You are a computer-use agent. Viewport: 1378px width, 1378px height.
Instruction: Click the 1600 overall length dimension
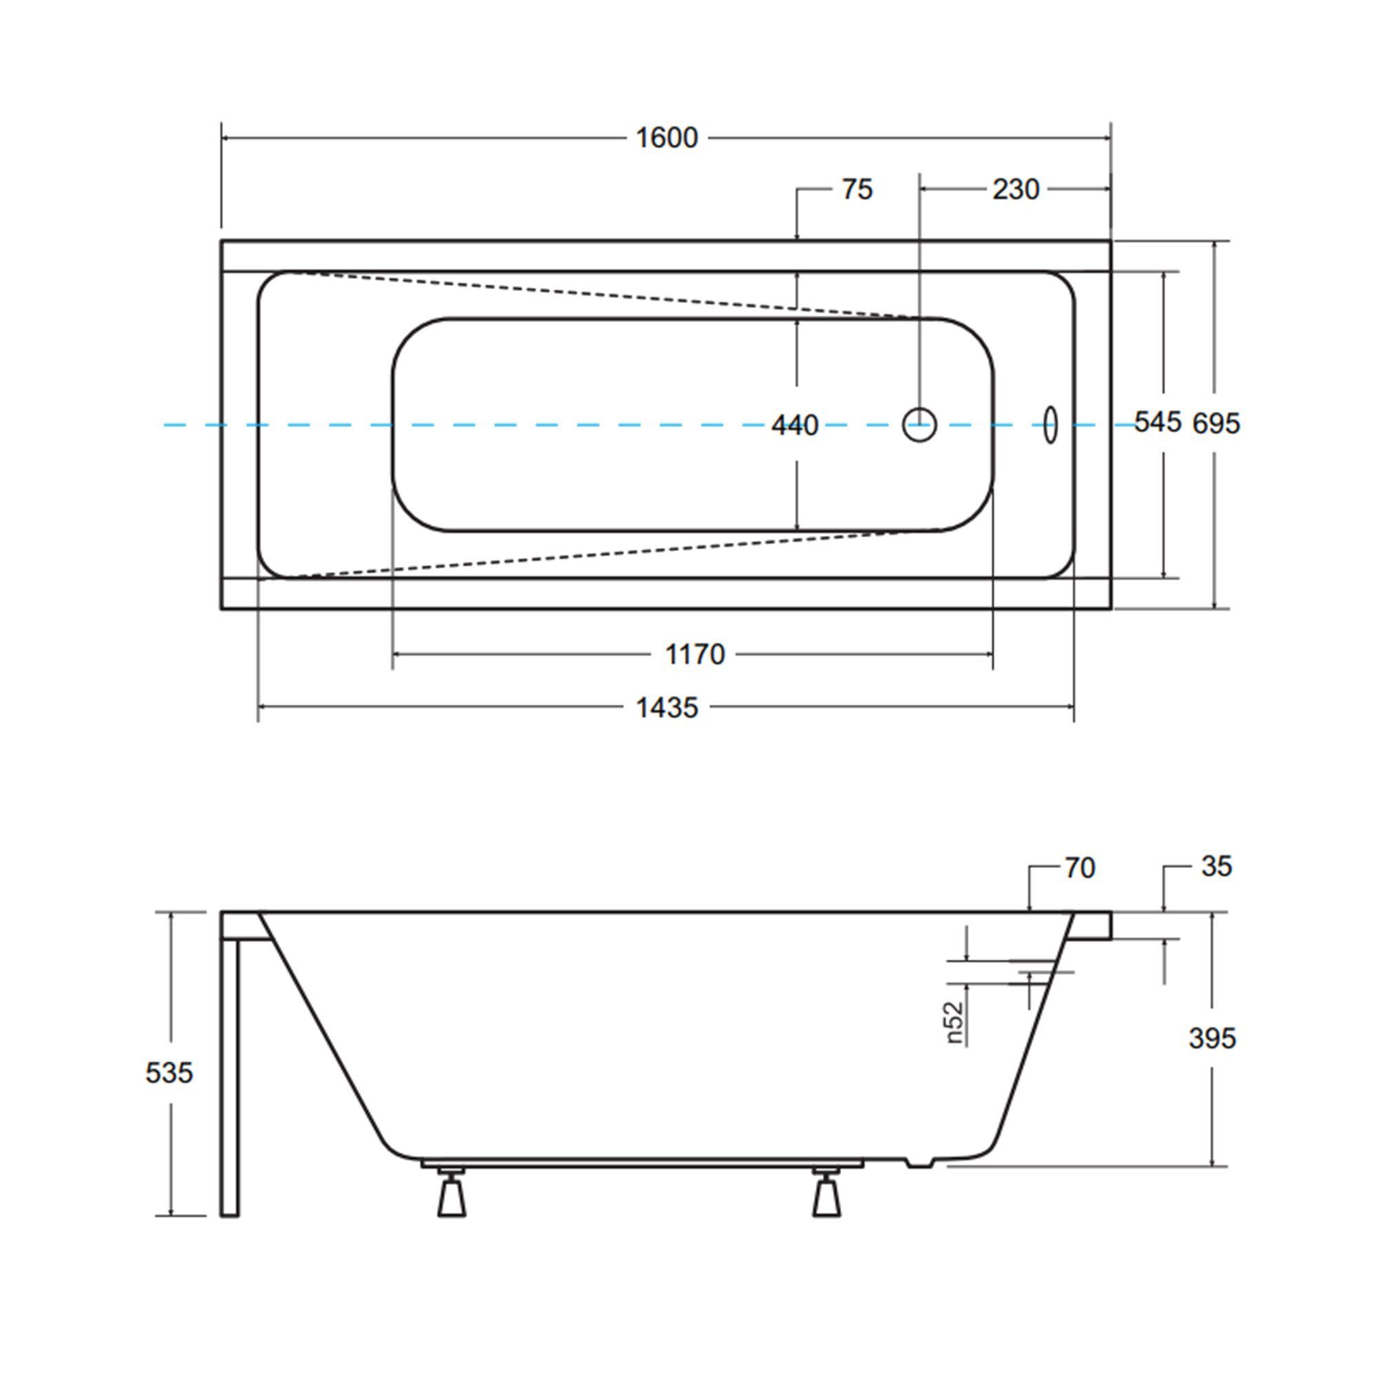tap(666, 138)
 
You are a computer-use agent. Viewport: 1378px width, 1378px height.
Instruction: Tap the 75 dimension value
tap(856, 189)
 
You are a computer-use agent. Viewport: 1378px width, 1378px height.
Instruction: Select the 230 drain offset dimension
tap(1016, 189)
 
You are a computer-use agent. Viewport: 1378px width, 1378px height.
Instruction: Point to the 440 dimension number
tap(794, 426)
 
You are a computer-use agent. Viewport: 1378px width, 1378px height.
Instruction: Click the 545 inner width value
tap(1158, 422)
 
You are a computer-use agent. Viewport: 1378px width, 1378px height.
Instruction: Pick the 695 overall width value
tap(1217, 424)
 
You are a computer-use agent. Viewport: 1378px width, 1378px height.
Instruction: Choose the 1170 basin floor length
tap(695, 654)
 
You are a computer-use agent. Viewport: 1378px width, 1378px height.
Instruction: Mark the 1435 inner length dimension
tap(667, 708)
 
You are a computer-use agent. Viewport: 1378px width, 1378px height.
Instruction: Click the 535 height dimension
tap(169, 1073)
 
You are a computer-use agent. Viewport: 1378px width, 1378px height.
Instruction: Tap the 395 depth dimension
tap(1213, 1038)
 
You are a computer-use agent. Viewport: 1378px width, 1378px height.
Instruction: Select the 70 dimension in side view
tap(1080, 868)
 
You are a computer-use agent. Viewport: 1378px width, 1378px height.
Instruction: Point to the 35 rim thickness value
tap(1216, 867)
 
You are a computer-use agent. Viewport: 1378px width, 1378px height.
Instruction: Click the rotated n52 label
tap(955, 1022)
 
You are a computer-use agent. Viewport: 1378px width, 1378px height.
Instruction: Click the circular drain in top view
tap(919, 425)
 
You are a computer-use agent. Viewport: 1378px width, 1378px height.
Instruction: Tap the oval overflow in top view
tap(1051, 425)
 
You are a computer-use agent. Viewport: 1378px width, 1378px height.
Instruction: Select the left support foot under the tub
tap(451, 1192)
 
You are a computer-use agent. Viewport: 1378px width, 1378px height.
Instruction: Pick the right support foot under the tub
tap(827, 1192)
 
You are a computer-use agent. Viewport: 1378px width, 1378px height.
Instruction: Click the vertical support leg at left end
tap(229, 1078)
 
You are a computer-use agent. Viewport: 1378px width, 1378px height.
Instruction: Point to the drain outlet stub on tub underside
tap(919, 1163)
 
